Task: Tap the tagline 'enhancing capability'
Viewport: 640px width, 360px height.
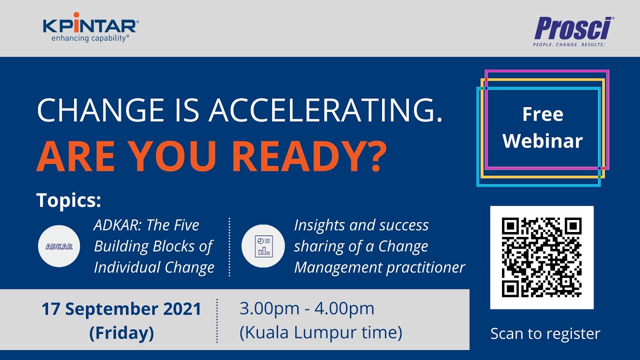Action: pos(90,38)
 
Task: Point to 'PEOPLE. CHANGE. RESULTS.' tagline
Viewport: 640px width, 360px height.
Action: pos(569,44)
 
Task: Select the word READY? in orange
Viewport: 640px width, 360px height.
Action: pos(308,156)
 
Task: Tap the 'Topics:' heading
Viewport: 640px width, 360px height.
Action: pos(69,200)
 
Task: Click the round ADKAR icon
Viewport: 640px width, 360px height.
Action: pos(59,246)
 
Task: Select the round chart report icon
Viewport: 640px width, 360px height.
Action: pos(263,246)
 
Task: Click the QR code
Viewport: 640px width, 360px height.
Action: pos(541,257)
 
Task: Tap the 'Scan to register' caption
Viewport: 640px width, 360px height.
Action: pos(545,333)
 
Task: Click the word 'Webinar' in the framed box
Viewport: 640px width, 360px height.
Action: pos(542,141)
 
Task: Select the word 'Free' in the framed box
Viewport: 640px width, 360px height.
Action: pos(542,114)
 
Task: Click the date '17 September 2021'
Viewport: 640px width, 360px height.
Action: pos(121,309)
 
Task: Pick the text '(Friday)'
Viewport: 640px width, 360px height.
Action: pos(121,332)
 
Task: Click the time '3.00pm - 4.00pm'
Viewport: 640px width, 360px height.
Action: pos(307,308)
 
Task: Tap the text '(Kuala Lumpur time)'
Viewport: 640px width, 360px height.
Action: pos(320,332)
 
